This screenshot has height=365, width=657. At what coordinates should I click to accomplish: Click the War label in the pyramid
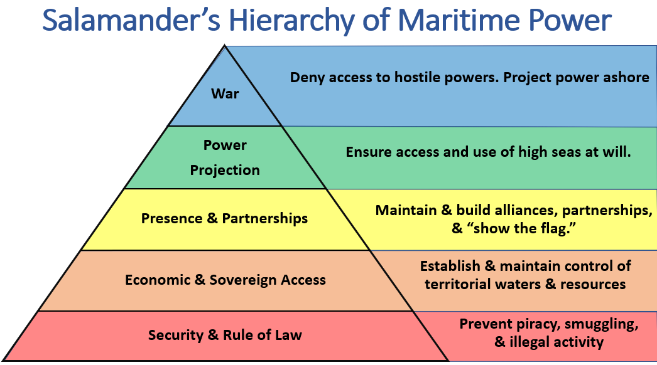pyautogui.click(x=225, y=95)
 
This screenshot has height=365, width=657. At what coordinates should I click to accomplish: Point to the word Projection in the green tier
pyautogui.click(x=225, y=170)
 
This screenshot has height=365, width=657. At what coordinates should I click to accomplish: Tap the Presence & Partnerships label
pyautogui.click(x=224, y=218)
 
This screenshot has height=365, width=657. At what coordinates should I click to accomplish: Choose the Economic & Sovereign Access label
pyautogui.click(x=225, y=280)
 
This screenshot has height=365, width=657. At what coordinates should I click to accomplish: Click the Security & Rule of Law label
pyautogui.click(x=225, y=335)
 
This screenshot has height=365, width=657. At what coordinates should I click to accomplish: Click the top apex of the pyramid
pyautogui.click(x=224, y=45)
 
